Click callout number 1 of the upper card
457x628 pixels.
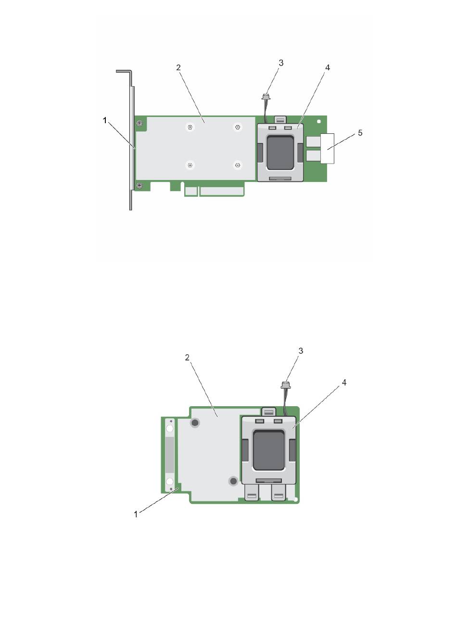click(x=104, y=121)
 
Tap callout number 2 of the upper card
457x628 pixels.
click(x=178, y=67)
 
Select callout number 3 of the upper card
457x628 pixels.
click(x=281, y=63)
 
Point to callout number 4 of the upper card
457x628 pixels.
click(x=327, y=67)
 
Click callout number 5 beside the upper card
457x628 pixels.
click(x=360, y=133)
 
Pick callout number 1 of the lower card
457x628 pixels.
click(x=136, y=514)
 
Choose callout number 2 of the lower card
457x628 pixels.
click(x=187, y=358)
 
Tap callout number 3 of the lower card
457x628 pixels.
click(x=301, y=351)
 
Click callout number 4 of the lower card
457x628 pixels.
click(x=344, y=383)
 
